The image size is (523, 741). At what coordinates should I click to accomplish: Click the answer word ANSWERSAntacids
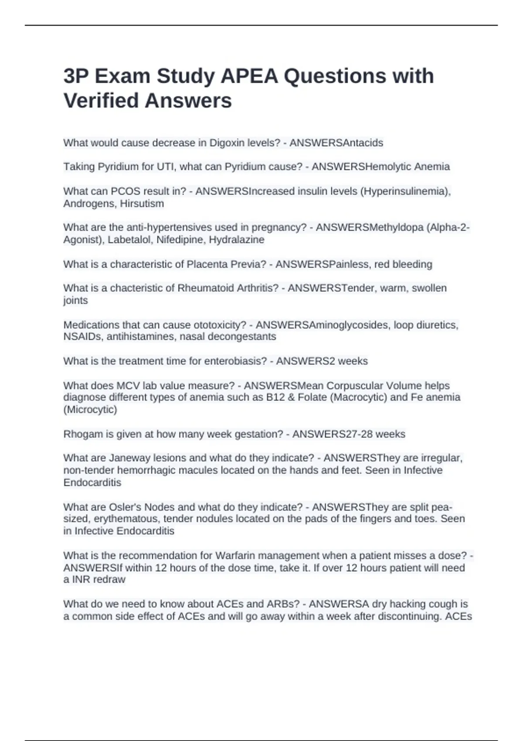[336, 143]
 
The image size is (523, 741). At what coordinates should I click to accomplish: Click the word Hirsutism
[142, 204]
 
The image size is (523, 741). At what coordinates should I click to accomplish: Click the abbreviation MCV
[127, 386]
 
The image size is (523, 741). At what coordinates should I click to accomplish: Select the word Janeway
[129, 458]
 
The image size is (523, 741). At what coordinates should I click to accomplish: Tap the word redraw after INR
[112, 580]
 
